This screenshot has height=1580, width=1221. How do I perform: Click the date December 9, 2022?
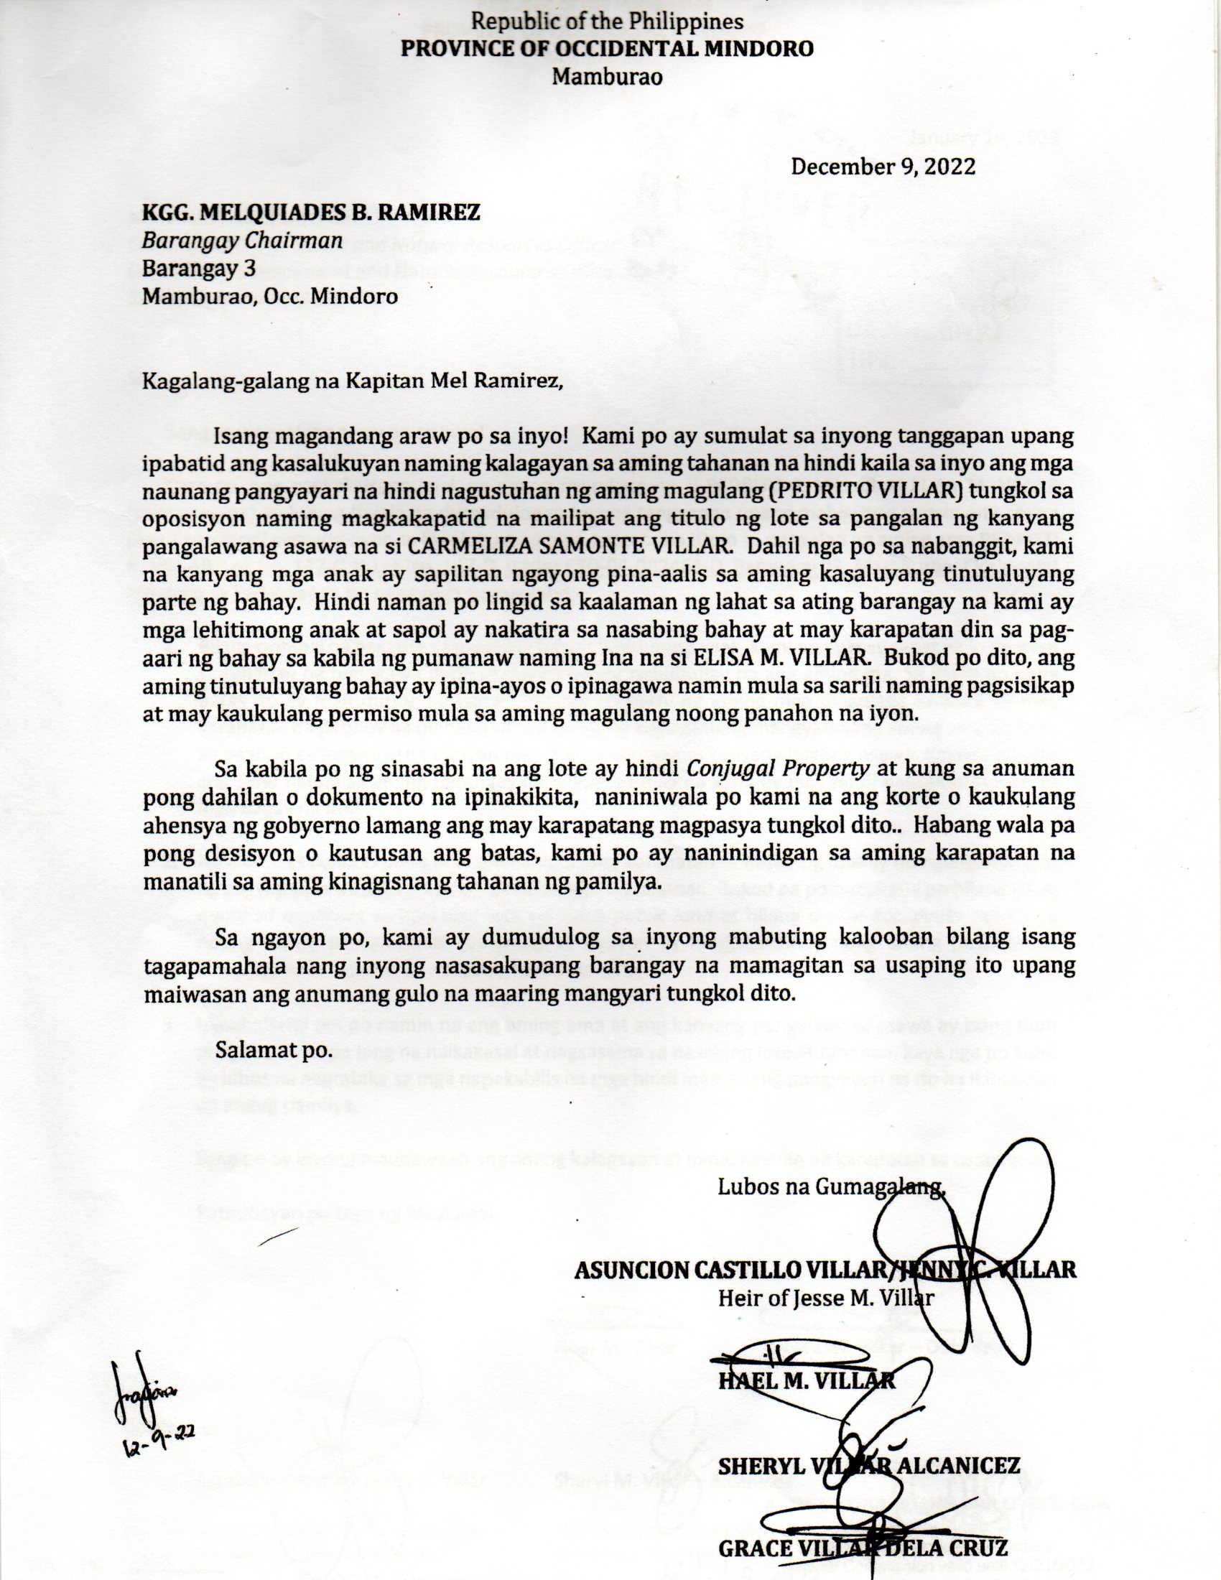(x=883, y=167)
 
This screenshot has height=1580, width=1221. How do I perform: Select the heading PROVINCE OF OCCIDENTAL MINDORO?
(x=608, y=48)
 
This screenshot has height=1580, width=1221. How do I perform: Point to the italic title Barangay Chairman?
(x=241, y=240)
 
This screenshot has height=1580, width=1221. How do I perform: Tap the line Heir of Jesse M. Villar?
(x=825, y=1298)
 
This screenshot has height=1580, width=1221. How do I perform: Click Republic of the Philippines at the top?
(x=607, y=22)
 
